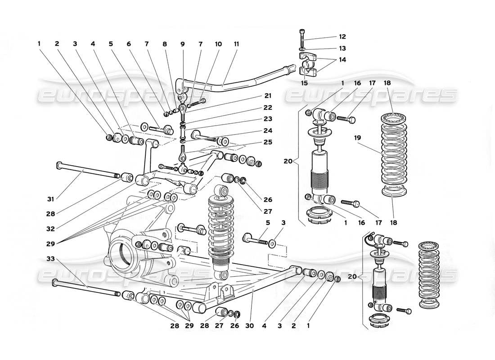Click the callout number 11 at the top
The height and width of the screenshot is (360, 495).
(x=237, y=44)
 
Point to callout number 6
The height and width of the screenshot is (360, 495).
(x=129, y=44)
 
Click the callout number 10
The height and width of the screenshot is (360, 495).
(x=219, y=44)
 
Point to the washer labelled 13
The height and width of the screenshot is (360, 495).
(x=302, y=48)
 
